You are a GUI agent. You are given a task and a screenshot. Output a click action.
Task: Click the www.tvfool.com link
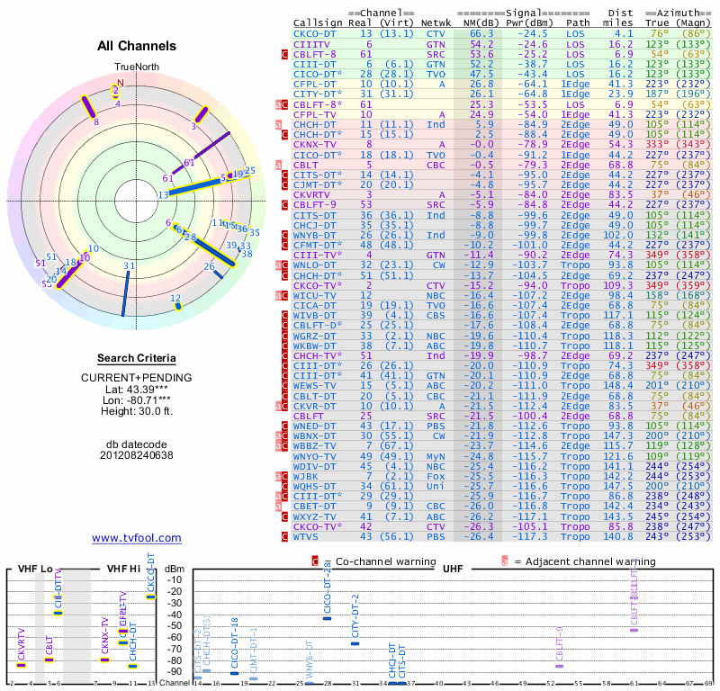[x=136, y=538]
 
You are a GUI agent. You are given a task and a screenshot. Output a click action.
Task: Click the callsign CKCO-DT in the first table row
[x=314, y=33]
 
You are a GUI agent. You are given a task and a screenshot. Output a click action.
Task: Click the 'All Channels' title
[x=135, y=46]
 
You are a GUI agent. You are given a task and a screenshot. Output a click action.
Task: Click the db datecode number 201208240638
[x=137, y=455]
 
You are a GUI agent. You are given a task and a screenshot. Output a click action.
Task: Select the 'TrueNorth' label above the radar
[x=136, y=67]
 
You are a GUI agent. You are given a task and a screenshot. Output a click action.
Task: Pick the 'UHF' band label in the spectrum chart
[x=454, y=570]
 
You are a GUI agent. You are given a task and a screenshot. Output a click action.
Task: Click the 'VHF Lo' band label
[x=36, y=570]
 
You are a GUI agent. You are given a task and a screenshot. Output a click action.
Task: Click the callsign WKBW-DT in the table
[x=314, y=345]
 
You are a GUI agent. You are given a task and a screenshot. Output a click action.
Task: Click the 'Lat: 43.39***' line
[x=137, y=389]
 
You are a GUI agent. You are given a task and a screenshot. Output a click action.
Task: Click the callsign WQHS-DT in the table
[x=314, y=486]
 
